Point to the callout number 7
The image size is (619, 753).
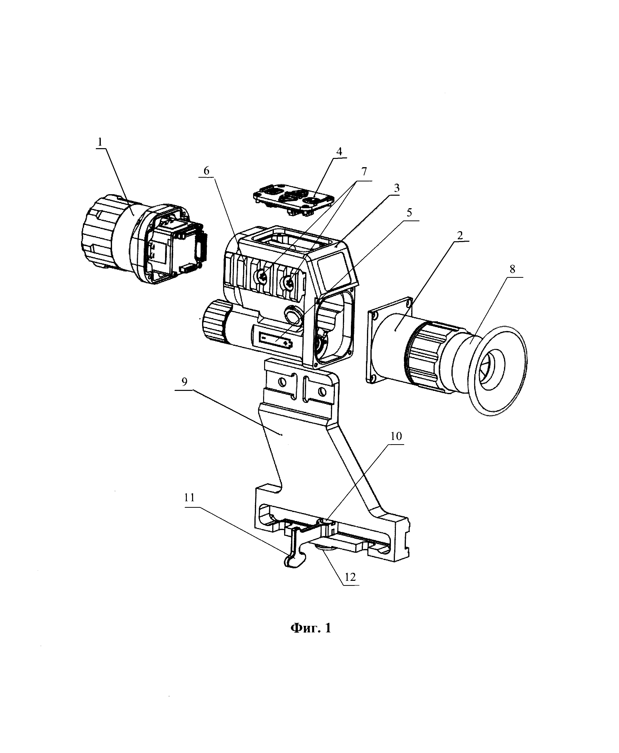pos(363,172)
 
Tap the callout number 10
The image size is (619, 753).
pos(396,436)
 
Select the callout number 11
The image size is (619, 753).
pos(189,497)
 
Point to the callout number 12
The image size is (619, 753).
pos(350,577)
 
